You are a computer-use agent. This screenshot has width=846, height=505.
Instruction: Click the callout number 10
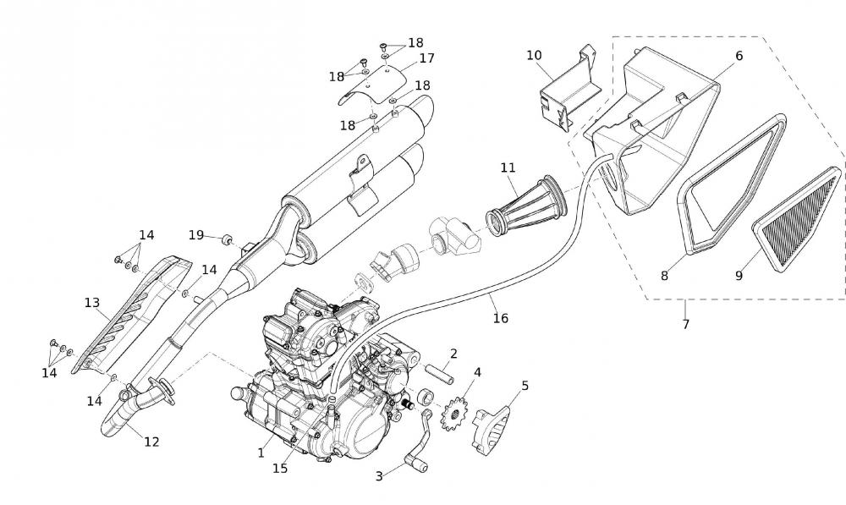click(534, 56)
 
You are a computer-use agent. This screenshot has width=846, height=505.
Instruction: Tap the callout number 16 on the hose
click(501, 318)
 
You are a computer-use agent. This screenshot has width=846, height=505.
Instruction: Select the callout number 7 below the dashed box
click(685, 324)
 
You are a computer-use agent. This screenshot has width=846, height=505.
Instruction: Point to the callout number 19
click(196, 235)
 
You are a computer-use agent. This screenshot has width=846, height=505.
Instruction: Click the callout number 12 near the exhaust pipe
click(151, 441)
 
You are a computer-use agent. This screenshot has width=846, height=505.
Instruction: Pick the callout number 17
click(426, 58)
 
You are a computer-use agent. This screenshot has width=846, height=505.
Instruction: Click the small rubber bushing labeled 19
click(227, 240)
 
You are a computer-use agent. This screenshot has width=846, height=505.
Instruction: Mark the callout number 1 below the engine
click(261, 453)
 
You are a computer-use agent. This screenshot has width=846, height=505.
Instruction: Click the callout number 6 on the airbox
click(739, 56)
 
